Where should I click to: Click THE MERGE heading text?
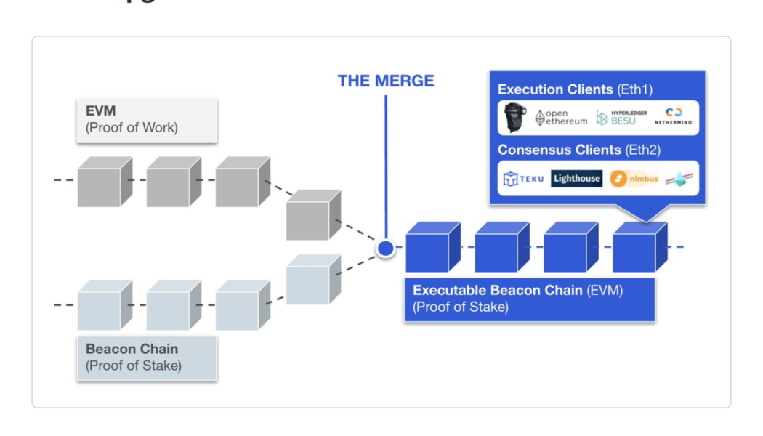pos(385,81)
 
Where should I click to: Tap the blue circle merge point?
pos(385,249)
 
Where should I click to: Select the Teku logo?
pos(523,179)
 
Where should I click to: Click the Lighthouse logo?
pos(576,179)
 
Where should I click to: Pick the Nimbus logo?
pos(634,179)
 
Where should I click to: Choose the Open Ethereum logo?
pos(561,118)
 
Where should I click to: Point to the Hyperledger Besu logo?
pos(621,118)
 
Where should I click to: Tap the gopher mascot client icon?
pos(515,118)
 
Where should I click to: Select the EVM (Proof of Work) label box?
pos(146,120)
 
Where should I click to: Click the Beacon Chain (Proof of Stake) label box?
pos(146,357)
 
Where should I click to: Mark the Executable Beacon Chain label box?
pos(529,299)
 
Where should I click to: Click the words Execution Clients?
pos(555,90)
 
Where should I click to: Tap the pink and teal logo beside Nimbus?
pos(679,179)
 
